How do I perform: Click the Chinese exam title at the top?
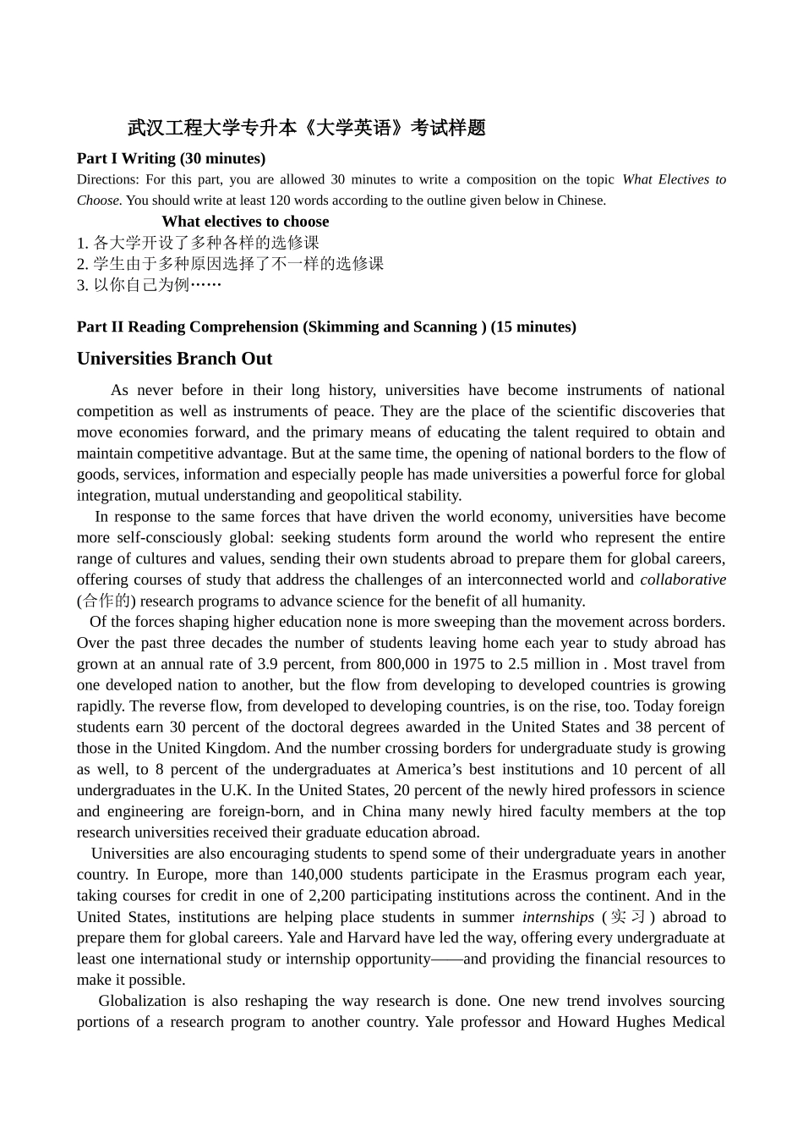click(x=307, y=128)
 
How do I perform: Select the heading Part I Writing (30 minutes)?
click(x=171, y=158)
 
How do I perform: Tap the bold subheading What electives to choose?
click(x=245, y=222)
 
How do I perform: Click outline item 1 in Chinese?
click(x=198, y=243)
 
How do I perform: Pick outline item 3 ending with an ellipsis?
click(x=149, y=285)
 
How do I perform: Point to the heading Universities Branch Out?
click(x=174, y=359)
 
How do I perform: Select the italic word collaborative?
click(x=682, y=580)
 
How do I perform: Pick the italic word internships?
click(x=558, y=917)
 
